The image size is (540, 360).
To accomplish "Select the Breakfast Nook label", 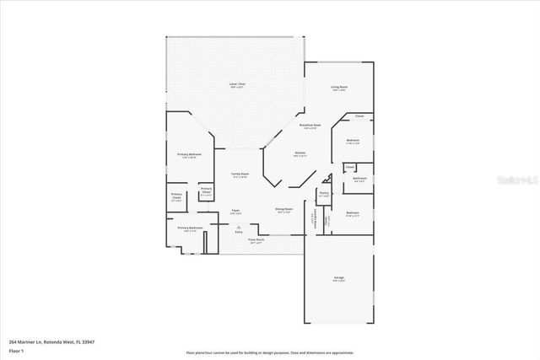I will coord(309,126).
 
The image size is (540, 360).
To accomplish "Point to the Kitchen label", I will coord(300,153).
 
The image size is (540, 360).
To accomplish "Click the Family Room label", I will coord(240,175).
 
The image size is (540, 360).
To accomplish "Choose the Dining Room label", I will coord(284,211).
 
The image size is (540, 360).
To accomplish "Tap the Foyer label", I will coord(235,211).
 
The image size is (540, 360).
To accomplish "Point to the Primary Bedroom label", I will coord(189,155).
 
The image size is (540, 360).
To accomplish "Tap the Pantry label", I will coord(323,195).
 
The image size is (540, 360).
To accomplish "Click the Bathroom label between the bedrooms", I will coord(359,179).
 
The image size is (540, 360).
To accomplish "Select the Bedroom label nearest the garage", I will coord(353,213).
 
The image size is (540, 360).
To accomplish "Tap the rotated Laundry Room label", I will coord(315,221).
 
